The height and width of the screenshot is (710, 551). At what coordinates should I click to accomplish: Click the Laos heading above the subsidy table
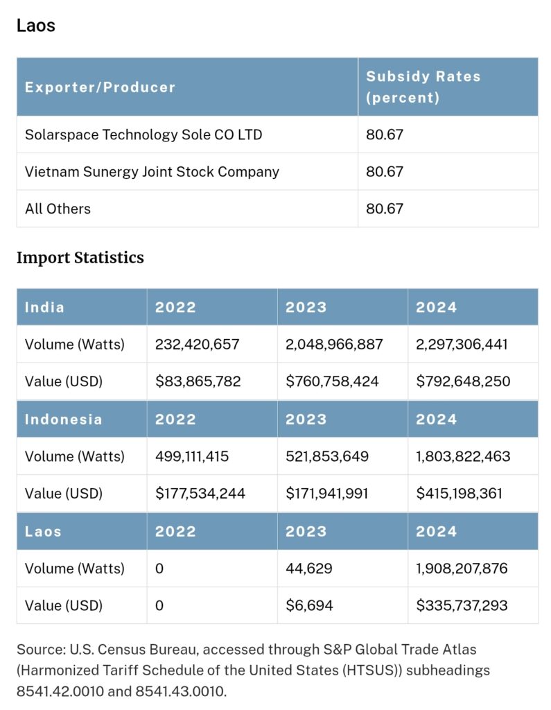[35, 26]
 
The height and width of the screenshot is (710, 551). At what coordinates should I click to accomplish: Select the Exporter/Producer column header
[100, 87]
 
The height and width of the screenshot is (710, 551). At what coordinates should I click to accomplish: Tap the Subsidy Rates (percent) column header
[423, 87]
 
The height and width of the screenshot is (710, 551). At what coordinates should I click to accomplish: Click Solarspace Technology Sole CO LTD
[143, 135]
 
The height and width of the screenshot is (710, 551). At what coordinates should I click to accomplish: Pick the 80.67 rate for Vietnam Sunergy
[385, 172]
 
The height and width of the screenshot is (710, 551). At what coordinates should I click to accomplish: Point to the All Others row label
[58, 209]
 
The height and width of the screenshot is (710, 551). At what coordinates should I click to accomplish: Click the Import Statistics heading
[80, 258]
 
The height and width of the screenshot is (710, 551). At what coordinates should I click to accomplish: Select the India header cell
[44, 307]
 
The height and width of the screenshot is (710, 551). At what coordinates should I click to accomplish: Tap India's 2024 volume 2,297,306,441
[462, 344]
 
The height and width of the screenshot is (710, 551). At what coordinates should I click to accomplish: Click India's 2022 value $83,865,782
[198, 381]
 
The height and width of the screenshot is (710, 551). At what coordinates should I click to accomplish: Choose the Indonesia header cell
[63, 419]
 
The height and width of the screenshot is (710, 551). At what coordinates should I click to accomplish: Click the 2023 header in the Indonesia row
[306, 419]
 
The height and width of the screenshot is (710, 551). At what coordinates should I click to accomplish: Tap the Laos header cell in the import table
[43, 532]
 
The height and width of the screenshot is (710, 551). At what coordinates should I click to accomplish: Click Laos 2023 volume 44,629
[309, 569]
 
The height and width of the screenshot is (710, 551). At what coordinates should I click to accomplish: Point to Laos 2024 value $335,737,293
[462, 606]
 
